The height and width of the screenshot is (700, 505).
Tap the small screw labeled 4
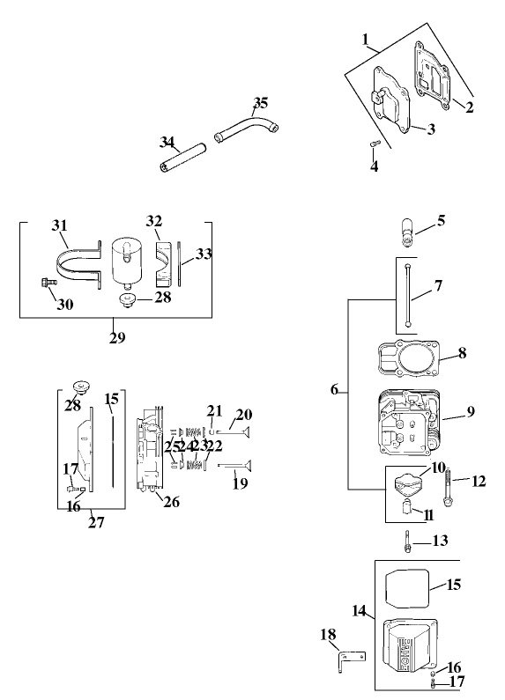[373, 144]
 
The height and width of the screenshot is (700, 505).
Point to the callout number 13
[440, 540]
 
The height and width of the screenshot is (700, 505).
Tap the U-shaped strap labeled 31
[77, 261]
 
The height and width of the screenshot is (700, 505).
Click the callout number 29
[116, 338]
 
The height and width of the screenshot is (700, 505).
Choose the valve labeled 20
[234, 431]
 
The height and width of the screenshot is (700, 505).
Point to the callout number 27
[96, 522]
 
